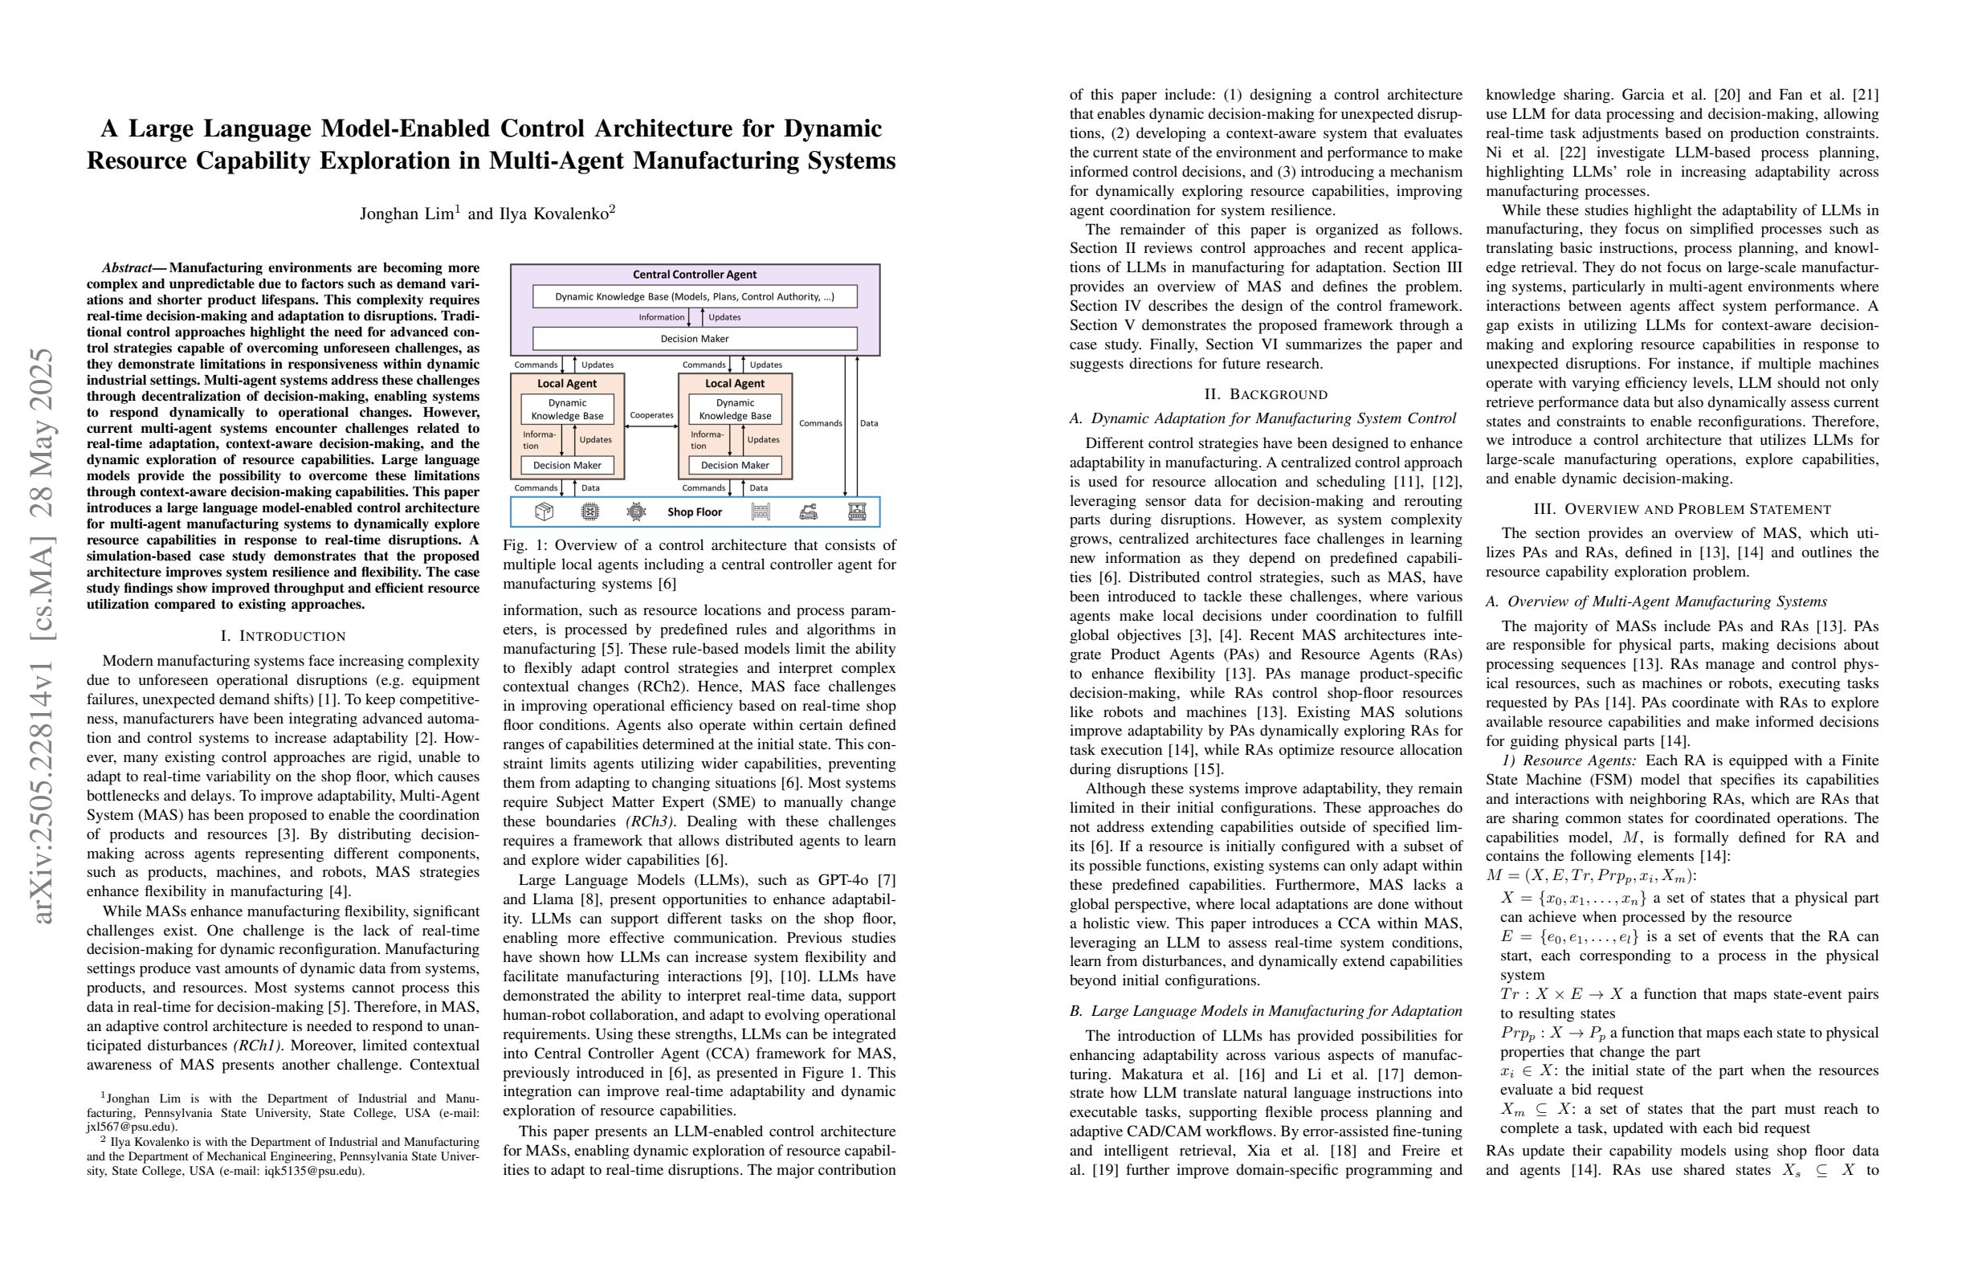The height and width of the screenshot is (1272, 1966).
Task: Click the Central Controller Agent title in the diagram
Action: coord(694,274)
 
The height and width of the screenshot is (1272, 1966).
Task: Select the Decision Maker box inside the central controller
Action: coord(694,339)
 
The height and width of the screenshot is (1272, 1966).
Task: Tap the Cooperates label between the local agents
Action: coord(651,415)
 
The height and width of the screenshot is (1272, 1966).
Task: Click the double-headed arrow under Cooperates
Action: coord(651,426)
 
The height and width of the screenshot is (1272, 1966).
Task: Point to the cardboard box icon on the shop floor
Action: coord(544,512)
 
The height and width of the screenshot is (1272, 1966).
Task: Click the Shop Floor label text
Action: coord(694,512)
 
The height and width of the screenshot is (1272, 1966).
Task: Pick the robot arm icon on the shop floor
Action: coord(809,512)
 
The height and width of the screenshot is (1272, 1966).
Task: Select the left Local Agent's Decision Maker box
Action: coord(567,465)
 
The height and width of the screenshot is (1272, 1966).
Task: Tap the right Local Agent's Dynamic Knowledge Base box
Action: coord(734,410)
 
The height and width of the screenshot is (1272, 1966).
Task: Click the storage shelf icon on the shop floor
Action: coord(761,512)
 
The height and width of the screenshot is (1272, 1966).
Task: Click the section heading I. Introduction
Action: coord(283,636)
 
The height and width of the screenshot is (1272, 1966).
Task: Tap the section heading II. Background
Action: coord(1266,394)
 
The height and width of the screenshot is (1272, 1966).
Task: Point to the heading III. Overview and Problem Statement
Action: coord(1682,510)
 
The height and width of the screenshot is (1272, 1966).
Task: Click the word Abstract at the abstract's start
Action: coord(127,268)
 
